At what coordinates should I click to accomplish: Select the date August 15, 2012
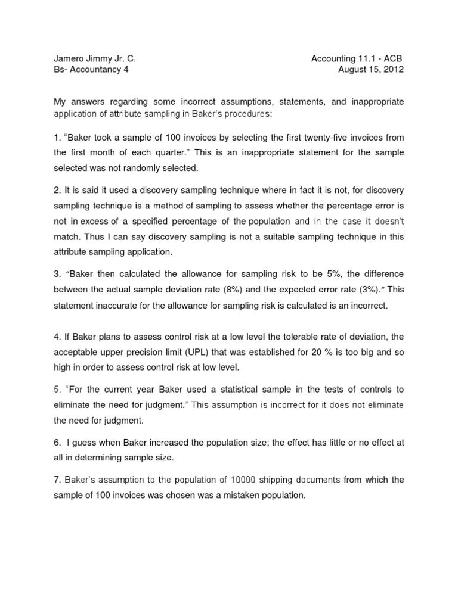click(370, 70)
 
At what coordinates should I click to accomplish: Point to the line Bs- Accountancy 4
click(91, 70)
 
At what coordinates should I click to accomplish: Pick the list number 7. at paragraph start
click(58, 479)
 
